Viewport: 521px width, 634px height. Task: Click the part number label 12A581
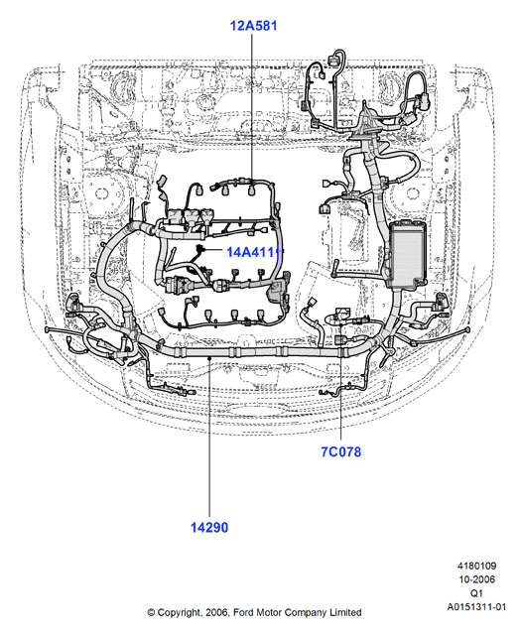(254, 26)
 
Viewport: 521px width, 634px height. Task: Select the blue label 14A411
(253, 252)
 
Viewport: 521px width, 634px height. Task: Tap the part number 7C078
(341, 451)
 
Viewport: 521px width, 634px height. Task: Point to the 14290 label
(209, 527)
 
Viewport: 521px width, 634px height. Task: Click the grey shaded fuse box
(407, 254)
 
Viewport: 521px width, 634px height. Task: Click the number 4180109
(477, 566)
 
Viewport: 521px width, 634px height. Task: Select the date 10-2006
(477, 579)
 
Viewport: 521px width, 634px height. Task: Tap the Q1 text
(476, 593)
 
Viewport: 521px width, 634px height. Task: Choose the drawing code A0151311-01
(476, 607)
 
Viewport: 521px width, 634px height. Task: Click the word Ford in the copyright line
(243, 612)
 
